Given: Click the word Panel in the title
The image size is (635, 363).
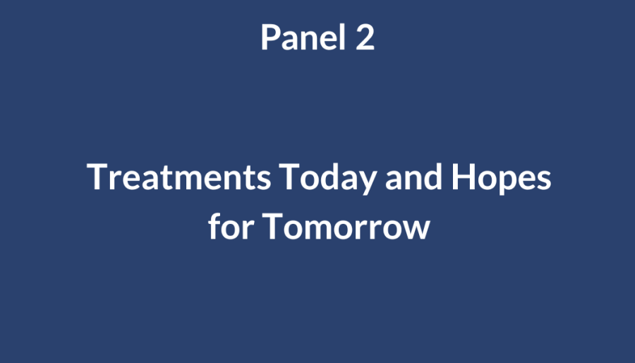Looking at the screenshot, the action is pyautogui.click(x=303, y=37).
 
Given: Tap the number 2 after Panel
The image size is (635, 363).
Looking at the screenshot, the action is pyautogui.click(x=365, y=37).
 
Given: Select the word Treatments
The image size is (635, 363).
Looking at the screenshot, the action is pyautogui.click(x=179, y=177).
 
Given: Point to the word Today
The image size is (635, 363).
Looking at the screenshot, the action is pyautogui.click(x=328, y=178).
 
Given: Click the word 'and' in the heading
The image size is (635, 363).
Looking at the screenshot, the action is pyautogui.click(x=413, y=177).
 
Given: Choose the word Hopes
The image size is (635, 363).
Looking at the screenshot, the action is pyautogui.click(x=502, y=178).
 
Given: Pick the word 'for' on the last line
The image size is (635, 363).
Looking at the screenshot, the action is pyautogui.click(x=231, y=226).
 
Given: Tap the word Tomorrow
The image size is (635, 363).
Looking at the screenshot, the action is pyautogui.click(x=346, y=226).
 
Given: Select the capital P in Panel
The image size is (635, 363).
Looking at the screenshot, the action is pyautogui.click(x=270, y=37).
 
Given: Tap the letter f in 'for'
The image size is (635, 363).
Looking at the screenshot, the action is pyautogui.click(x=214, y=226).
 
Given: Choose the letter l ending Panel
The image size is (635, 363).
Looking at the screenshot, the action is pyautogui.click(x=344, y=37).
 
